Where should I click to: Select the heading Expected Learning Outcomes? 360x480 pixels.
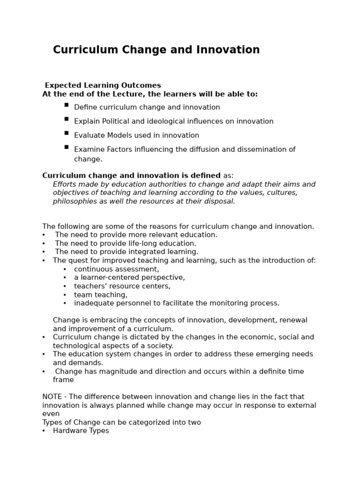point(103,85)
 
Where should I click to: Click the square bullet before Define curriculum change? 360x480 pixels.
point(67,105)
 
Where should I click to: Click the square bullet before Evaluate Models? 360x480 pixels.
point(67,133)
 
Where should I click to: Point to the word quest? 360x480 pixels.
point(78,261)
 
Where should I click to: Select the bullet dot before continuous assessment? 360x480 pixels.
point(65,270)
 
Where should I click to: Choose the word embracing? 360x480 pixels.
point(101,321)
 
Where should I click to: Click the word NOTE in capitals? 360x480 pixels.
point(52,397)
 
